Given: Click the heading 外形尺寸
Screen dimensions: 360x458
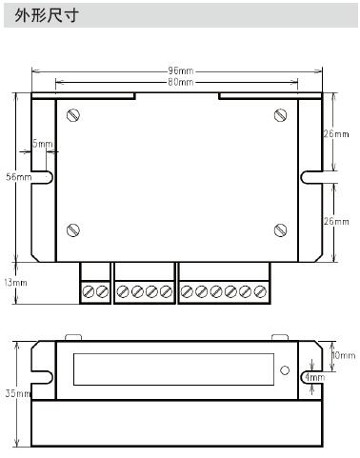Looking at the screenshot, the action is [47, 15].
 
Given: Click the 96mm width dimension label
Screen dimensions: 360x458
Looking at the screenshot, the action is [180, 70].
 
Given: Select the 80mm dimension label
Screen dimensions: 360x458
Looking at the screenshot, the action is [180, 82].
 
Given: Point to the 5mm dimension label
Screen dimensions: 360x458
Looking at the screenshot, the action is [43, 144].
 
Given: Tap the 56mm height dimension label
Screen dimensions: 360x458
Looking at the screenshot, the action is [19, 177].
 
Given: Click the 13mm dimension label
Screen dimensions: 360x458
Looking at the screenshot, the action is [15, 282].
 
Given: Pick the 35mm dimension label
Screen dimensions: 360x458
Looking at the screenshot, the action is [18, 393].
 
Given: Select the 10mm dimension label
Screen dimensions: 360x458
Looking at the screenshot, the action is [343, 355].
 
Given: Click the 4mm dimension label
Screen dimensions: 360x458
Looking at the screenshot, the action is [315, 377].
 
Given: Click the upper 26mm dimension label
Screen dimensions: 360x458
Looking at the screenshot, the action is [336, 134].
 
